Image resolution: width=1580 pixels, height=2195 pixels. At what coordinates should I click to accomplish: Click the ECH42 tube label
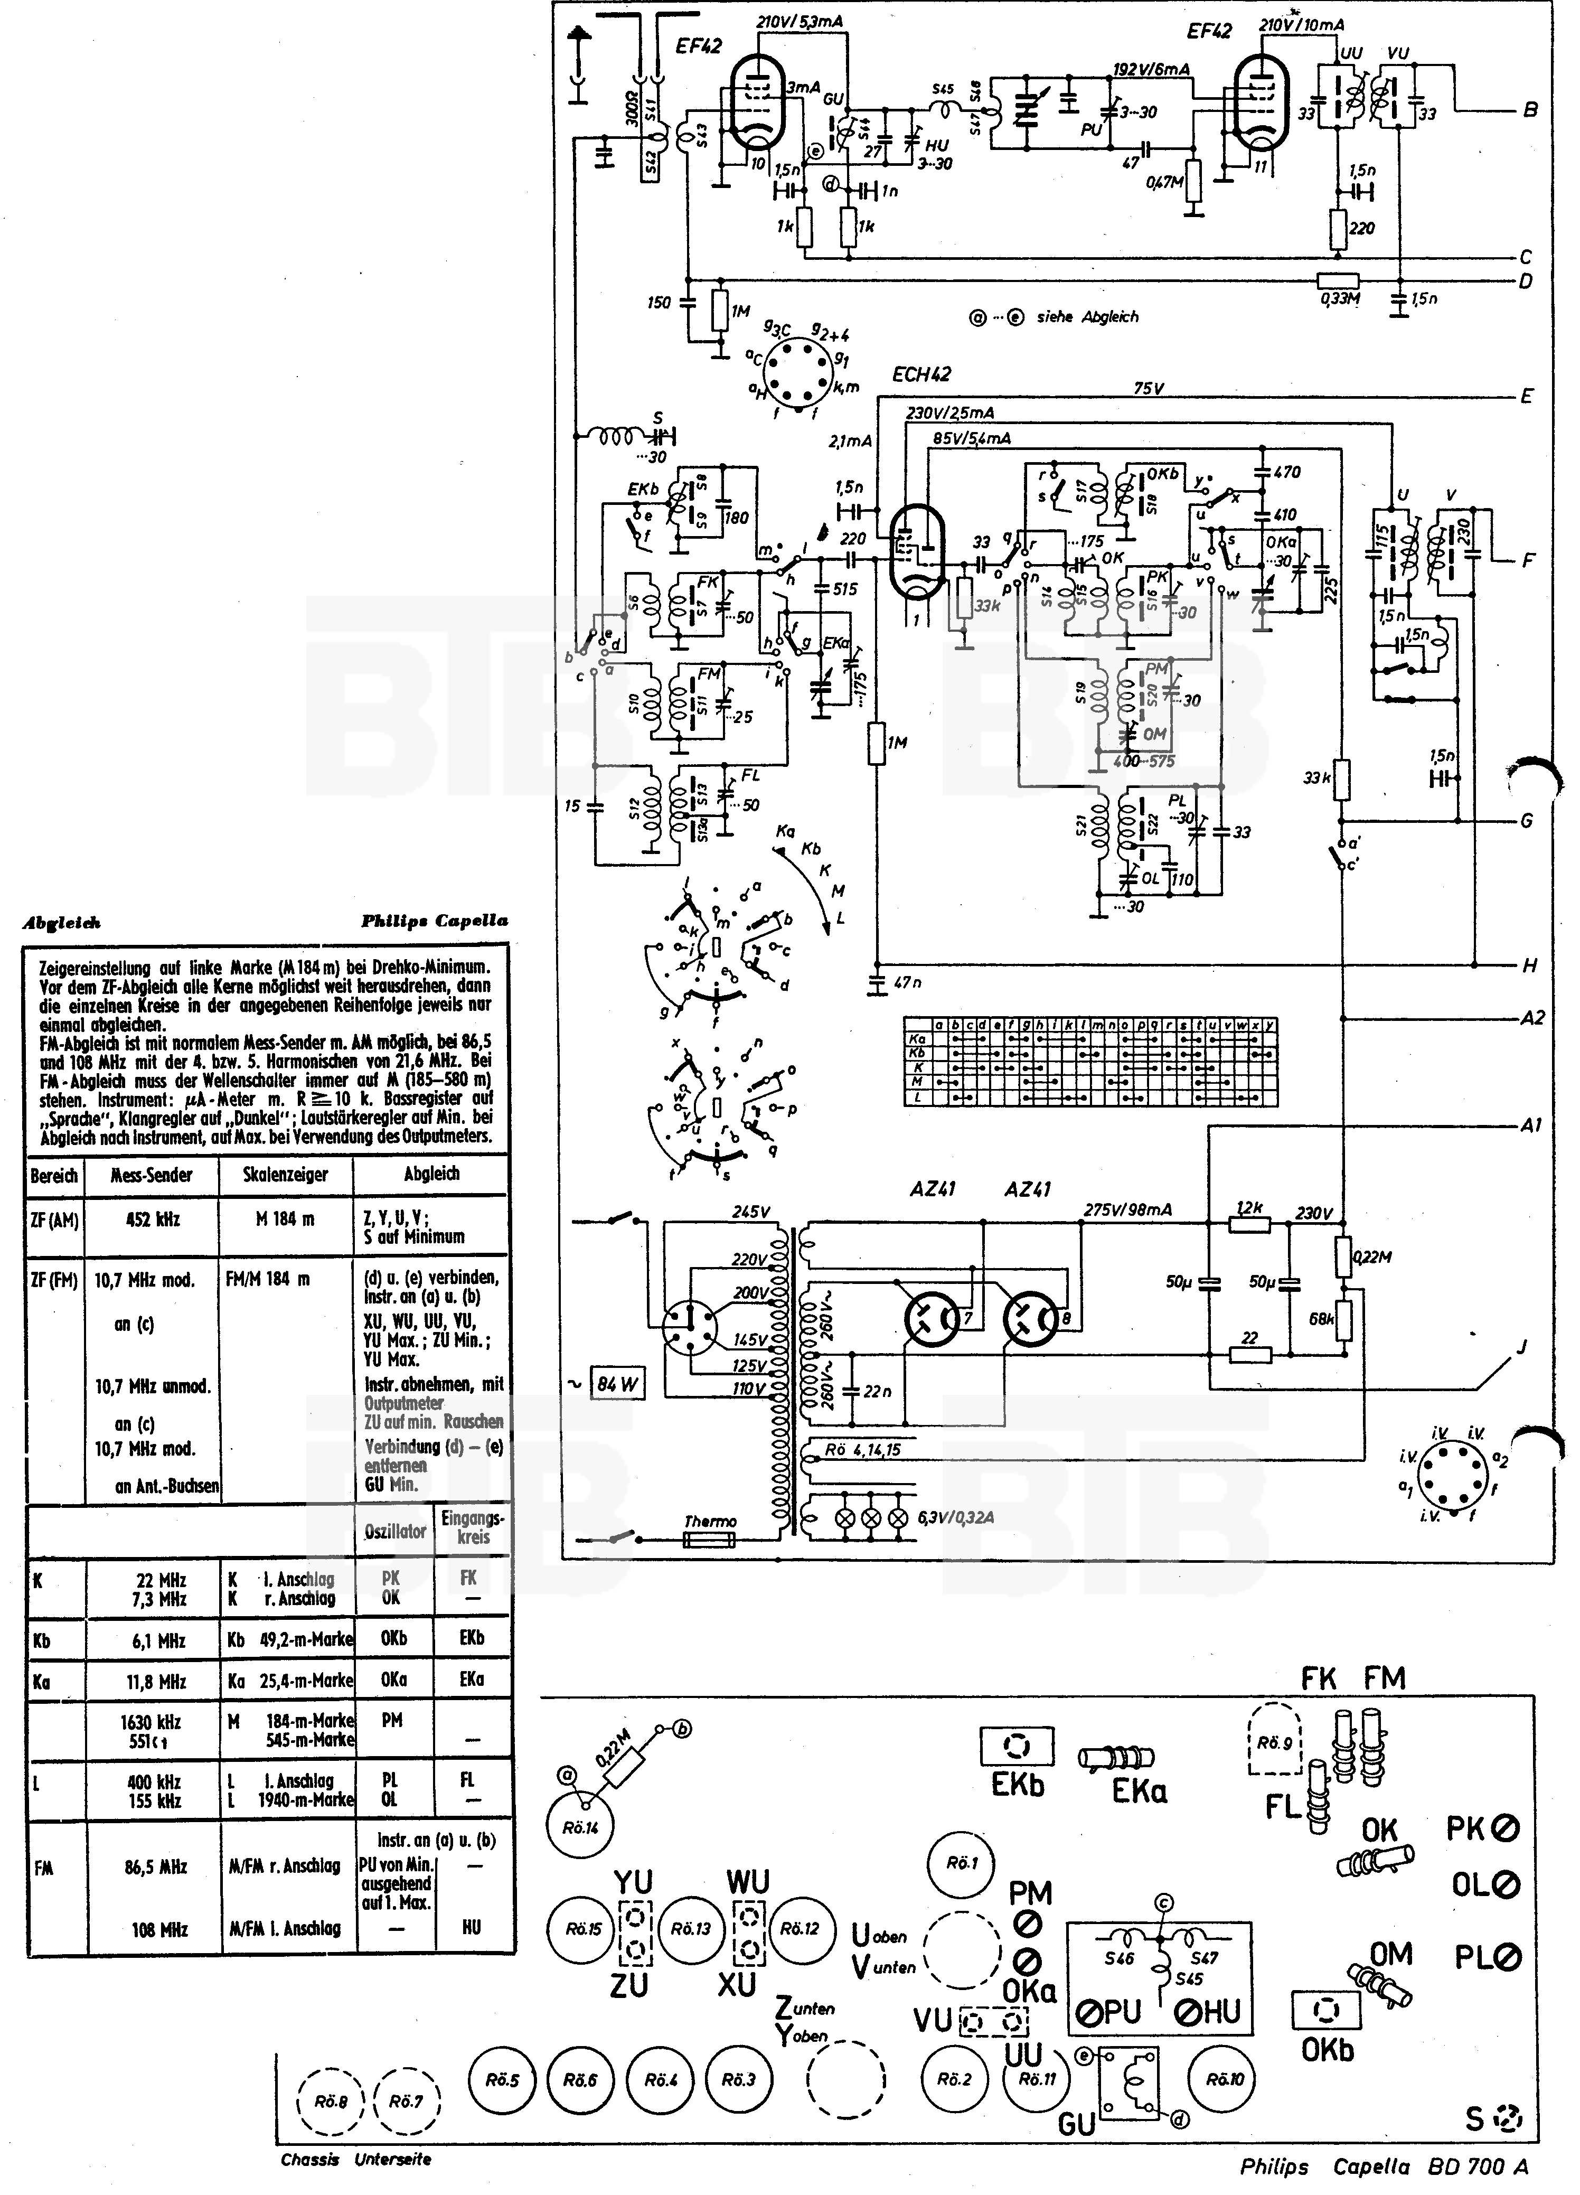(921, 374)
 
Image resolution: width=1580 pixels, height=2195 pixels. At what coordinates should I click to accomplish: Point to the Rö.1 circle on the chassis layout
(962, 1863)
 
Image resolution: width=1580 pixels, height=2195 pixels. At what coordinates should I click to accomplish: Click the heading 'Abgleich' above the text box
(62, 923)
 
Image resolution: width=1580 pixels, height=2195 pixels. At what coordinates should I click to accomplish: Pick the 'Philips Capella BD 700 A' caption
(1384, 2167)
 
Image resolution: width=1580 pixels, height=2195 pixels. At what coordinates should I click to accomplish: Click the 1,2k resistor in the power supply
(1249, 1223)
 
